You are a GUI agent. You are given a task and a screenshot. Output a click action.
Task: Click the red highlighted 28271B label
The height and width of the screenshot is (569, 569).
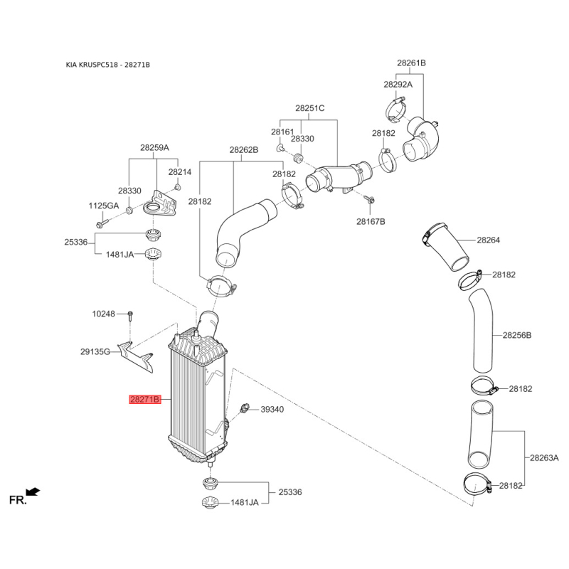(146, 400)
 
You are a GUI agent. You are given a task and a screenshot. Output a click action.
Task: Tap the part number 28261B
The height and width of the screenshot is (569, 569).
(411, 63)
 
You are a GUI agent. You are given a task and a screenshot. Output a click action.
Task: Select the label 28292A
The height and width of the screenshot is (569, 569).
(398, 84)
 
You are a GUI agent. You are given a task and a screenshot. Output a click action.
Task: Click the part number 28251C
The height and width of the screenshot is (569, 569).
(310, 108)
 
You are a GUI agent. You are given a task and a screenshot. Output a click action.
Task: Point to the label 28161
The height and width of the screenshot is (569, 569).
(282, 132)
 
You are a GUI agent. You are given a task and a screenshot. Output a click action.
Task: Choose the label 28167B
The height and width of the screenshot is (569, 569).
(371, 221)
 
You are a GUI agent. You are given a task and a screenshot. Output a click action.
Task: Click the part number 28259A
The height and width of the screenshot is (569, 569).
(154, 148)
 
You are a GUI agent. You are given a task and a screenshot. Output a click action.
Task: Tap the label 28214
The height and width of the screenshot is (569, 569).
(180, 172)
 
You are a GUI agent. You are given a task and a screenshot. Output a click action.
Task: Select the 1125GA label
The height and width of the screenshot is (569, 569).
(104, 206)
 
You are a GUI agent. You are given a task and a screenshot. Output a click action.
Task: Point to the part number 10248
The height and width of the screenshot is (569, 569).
(103, 314)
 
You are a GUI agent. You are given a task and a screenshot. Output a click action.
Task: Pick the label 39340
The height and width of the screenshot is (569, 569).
(272, 410)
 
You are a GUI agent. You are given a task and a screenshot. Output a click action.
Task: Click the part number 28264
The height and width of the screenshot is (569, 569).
(489, 240)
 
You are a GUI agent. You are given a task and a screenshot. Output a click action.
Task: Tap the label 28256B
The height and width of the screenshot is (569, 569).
(517, 334)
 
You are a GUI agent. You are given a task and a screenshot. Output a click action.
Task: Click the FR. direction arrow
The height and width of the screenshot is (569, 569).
(32, 491)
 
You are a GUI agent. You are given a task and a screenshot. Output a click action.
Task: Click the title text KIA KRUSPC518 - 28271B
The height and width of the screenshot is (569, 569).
(108, 65)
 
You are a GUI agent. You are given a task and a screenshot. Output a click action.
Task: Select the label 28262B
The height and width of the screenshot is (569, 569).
(243, 150)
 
